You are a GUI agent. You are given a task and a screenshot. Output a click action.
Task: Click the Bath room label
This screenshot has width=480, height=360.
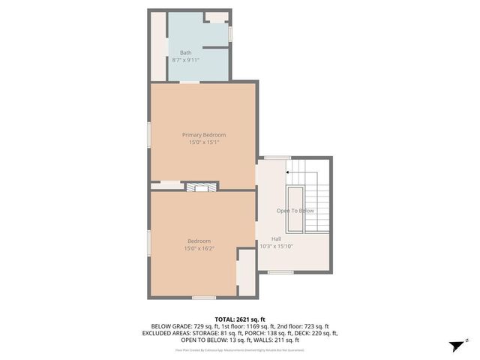pyautogui.click(x=185, y=52)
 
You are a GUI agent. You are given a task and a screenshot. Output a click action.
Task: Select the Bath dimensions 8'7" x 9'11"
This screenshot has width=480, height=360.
pyautogui.click(x=185, y=59)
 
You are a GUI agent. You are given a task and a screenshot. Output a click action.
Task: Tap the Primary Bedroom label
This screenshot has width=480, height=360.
pyautogui.click(x=204, y=135)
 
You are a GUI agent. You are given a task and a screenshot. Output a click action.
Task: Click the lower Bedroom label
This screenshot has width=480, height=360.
pyautogui.click(x=199, y=241)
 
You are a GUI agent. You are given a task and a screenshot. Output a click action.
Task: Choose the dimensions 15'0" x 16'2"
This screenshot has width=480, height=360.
pyautogui.click(x=199, y=248)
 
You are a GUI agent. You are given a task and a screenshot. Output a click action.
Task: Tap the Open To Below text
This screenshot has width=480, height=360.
pyautogui.click(x=295, y=211)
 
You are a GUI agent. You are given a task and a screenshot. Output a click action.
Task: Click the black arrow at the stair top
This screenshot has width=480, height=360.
pyautogui.click(x=288, y=172)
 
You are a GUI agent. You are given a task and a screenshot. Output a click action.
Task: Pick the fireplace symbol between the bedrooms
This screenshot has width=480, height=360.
pyautogui.click(x=201, y=186)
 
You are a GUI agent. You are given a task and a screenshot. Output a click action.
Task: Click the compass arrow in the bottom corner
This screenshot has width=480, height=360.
pyautogui.click(x=454, y=346)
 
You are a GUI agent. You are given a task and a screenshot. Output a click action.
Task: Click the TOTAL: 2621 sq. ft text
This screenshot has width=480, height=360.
pyautogui.click(x=240, y=319)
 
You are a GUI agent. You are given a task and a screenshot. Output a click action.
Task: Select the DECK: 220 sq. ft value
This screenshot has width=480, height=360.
pyautogui.click(x=317, y=333)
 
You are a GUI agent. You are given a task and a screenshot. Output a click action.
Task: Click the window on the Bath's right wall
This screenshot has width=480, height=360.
pyautogui.click(x=230, y=34)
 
